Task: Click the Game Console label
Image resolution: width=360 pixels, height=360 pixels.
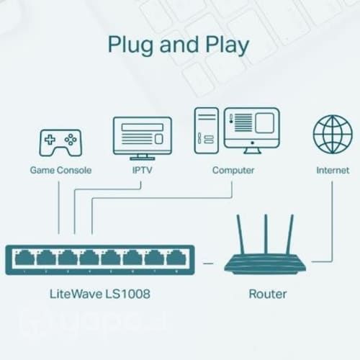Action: point(59,171)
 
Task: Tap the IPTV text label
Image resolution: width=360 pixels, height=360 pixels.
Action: point(142,171)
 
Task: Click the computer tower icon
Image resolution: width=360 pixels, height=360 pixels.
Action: point(206,131)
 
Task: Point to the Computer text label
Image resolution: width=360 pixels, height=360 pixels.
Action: point(233,171)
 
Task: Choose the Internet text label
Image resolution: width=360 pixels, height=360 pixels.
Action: point(332,171)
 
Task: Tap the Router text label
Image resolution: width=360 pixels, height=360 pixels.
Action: point(267,294)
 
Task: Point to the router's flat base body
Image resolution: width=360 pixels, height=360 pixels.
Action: point(265,264)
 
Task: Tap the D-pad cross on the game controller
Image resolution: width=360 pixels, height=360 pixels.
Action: point(50,139)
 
